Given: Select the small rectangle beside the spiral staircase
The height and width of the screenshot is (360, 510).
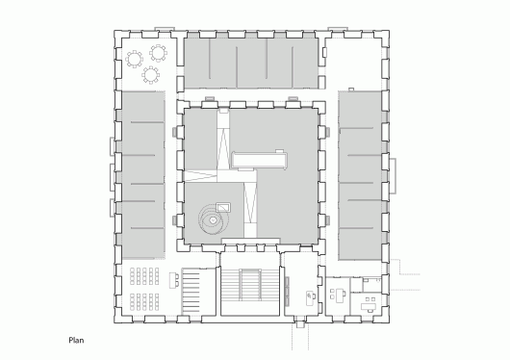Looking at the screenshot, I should point(223,205).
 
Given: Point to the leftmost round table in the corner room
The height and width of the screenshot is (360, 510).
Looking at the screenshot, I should point(132,59).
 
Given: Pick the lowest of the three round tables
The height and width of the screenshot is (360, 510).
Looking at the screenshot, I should point(150,74).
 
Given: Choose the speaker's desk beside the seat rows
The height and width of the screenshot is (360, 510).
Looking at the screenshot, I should point(174,280).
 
